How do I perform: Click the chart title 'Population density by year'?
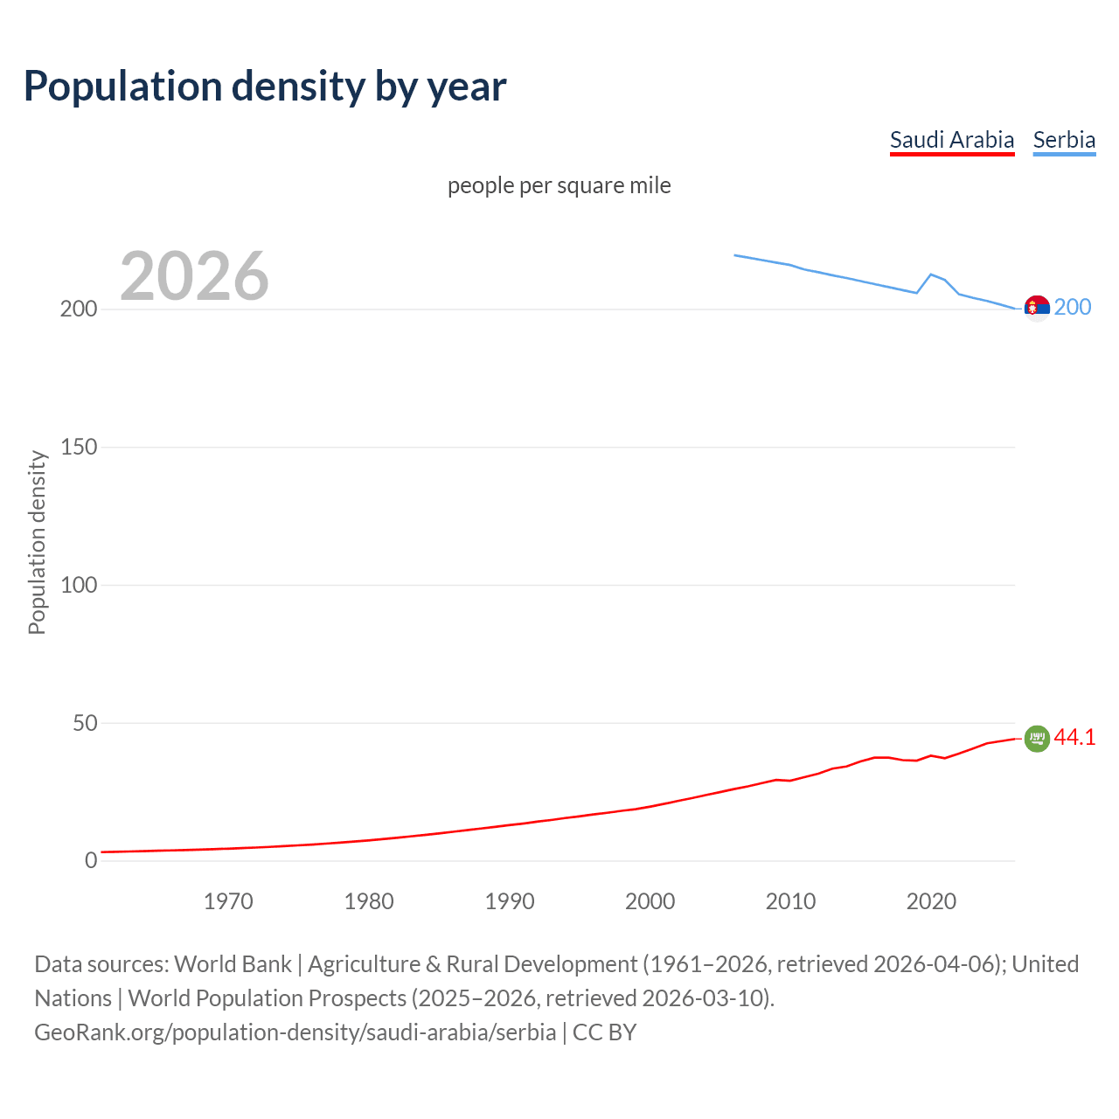265,87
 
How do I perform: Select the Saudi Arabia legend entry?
952,140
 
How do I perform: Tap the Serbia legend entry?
1064,140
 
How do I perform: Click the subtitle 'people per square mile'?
559,186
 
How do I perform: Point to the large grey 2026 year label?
194,276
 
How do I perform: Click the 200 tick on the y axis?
79,309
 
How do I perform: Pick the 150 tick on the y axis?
79,448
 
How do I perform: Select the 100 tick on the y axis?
79,585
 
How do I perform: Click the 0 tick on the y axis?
91,861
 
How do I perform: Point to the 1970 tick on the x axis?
228,901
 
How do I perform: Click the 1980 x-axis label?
369,901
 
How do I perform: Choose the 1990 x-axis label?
510,901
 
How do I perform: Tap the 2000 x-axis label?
650,901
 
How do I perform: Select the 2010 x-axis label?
790,901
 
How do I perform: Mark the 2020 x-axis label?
931,901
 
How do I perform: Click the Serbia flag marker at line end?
1037,309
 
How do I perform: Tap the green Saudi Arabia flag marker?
1037,739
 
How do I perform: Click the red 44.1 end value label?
1074,738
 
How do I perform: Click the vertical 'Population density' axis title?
37,542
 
